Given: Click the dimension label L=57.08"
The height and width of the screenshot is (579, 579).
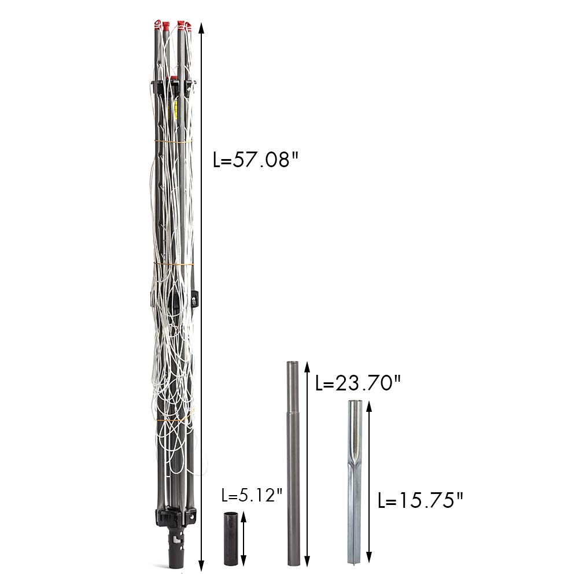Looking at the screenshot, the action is [256, 160].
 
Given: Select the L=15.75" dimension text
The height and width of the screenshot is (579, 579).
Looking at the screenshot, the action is [420, 500].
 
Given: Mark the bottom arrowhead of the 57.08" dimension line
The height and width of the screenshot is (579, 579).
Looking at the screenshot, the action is [201, 566].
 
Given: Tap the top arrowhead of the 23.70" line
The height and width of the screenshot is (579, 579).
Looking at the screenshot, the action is [307, 368].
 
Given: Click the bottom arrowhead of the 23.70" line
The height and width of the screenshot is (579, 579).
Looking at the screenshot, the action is [307, 560].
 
